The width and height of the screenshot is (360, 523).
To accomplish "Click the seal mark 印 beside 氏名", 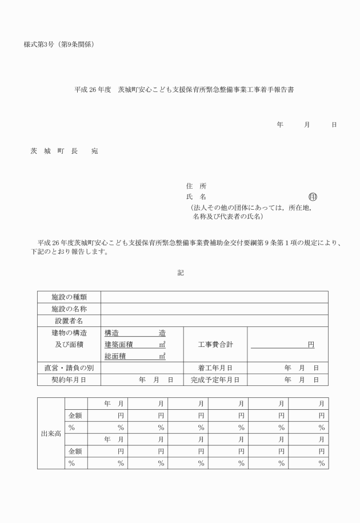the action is pos(313,197).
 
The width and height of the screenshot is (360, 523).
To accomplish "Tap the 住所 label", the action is pos(197,186).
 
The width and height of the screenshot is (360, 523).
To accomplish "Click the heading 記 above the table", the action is pos(181,273).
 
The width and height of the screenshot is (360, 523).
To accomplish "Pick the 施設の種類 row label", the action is pos(69,297).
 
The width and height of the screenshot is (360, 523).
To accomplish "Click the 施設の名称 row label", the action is pos(69,309).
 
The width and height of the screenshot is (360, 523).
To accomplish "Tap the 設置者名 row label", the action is pos(69,321).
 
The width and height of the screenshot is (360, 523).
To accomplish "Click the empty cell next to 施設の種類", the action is pos(214,297).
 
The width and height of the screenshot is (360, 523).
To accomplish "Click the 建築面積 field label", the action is pos(118,345).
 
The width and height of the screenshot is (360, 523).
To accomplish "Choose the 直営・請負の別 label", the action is pos(69,368).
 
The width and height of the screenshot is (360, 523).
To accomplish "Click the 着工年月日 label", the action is pos(214,368).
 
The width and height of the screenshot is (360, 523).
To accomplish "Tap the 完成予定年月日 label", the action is pos(214,380).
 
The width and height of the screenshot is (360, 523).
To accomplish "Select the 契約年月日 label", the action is pos(69,380).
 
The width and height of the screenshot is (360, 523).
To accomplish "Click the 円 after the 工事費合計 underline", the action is pos(311,345).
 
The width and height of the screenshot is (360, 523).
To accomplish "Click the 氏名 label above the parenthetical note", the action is pos(197,197).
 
